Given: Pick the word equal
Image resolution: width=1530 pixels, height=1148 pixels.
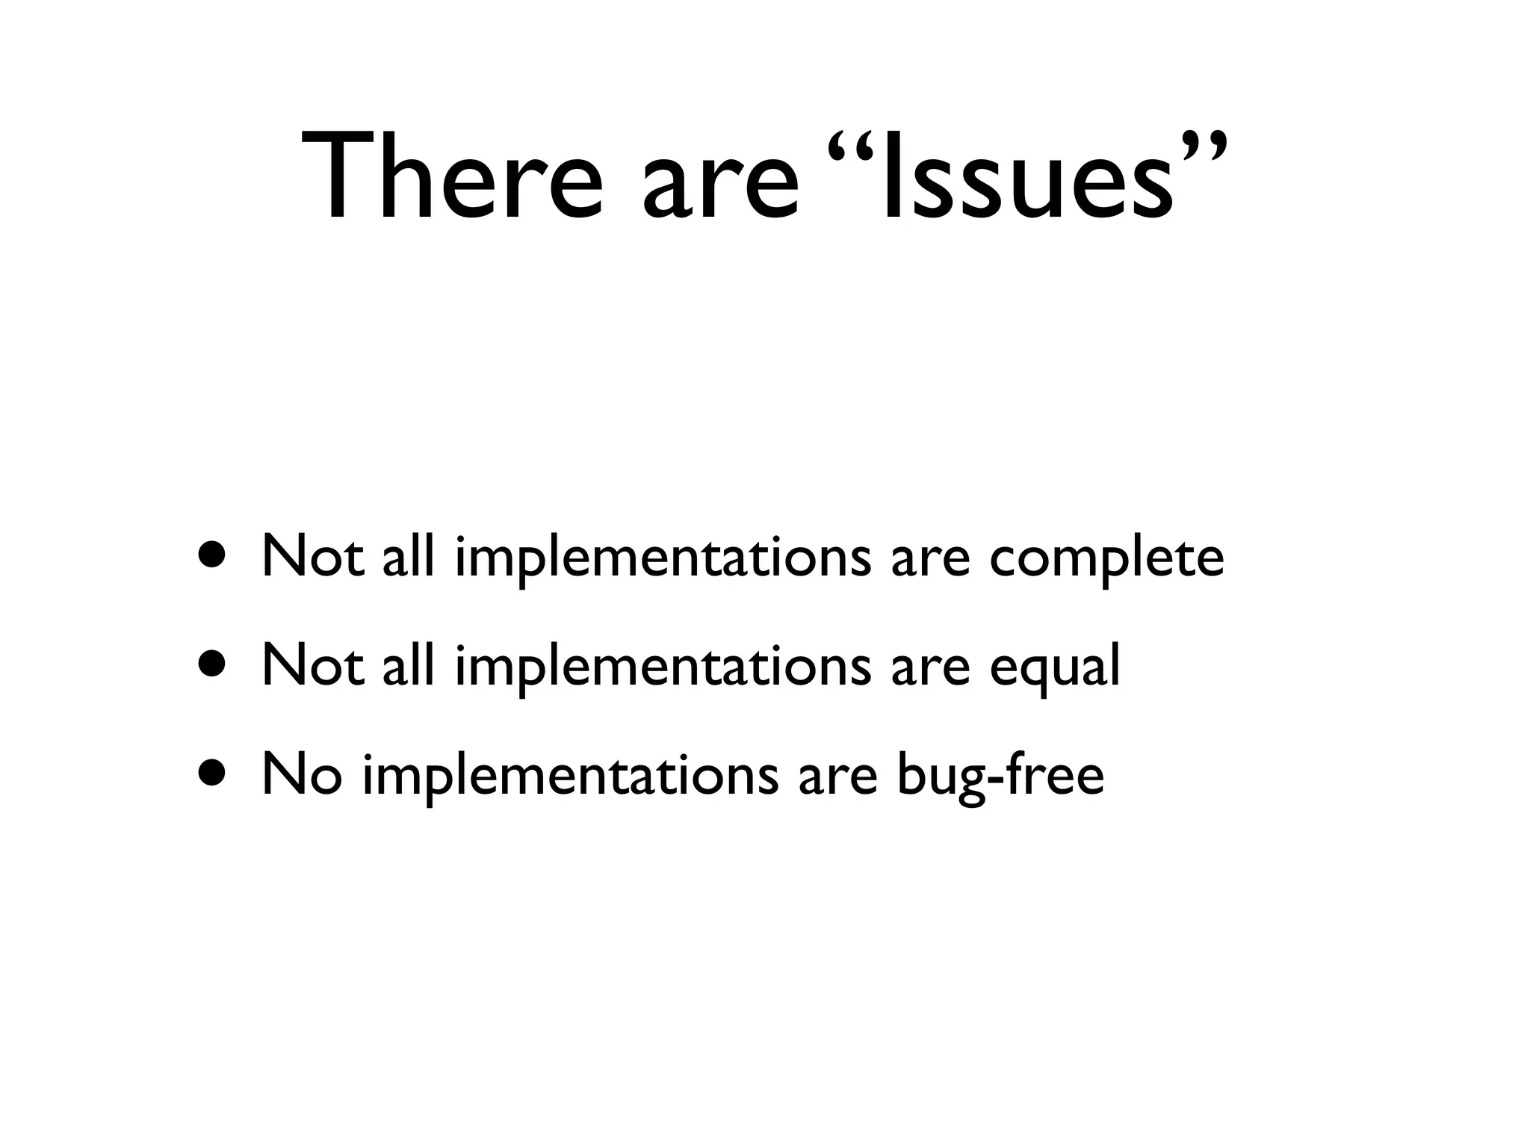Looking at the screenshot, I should [1054, 667].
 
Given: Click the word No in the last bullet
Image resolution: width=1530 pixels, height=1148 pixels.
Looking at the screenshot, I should [302, 775].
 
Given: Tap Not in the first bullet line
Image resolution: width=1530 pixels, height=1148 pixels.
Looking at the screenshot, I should [312, 557].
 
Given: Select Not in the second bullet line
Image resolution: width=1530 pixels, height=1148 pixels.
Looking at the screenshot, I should [312, 665].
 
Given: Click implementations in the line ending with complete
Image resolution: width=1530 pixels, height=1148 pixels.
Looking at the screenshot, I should [662, 558].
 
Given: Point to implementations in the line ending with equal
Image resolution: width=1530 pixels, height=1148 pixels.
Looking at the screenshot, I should [662, 667].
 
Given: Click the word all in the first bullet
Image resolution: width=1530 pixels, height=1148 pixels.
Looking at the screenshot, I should [408, 557].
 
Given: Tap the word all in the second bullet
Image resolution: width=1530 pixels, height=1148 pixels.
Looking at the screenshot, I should [408, 665].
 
